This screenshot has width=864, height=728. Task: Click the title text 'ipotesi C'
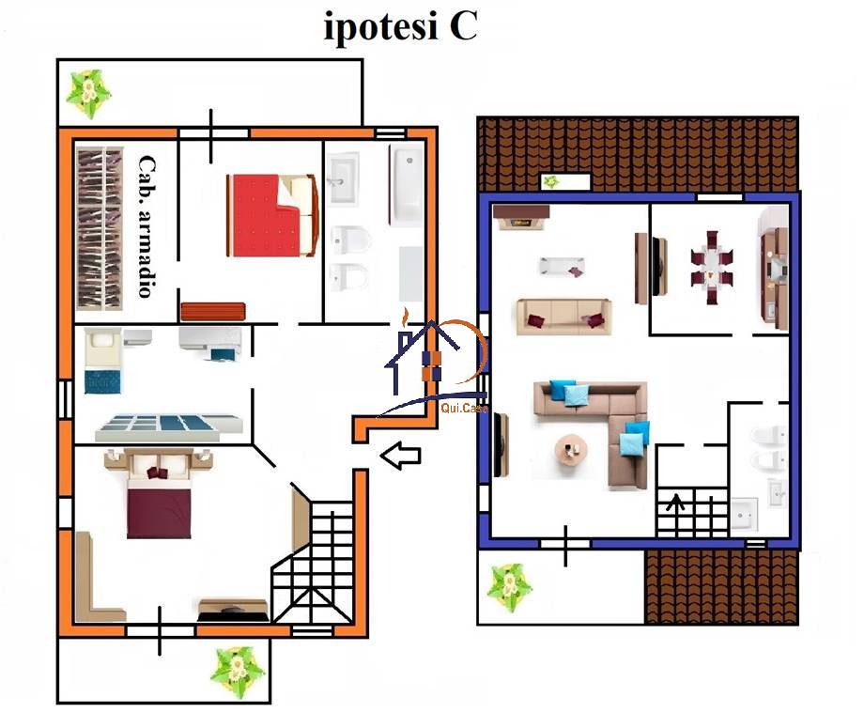point(401,26)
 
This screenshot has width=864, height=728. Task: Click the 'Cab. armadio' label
point(147,226)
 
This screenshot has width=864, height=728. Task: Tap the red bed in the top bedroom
point(272,215)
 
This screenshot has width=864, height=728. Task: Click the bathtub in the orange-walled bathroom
point(407,185)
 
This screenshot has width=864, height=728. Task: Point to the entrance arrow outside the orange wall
point(401,456)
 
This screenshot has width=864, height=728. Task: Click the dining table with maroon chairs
point(712,268)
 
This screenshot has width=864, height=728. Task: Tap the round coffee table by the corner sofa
point(571,449)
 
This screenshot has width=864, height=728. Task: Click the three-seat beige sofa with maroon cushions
point(564,317)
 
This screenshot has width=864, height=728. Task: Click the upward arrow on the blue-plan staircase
point(676,502)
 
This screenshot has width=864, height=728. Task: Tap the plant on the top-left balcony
point(88,94)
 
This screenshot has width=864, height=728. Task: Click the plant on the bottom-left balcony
point(238,673)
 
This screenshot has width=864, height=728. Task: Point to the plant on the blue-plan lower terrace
point(509,587)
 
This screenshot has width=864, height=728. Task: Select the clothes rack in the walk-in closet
point(100,228)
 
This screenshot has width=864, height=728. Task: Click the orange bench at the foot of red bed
point(212,311)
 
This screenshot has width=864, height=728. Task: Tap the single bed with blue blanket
point(102,362)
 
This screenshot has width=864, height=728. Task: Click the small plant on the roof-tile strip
point(551,181)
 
